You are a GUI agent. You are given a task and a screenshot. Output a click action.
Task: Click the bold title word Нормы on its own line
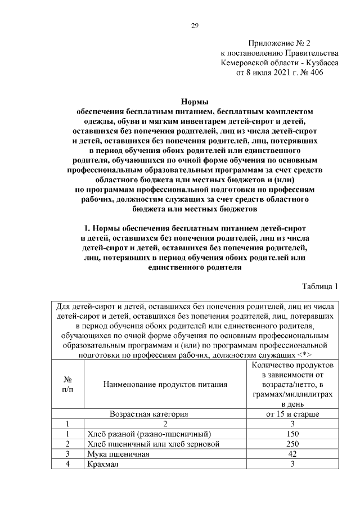click(195, 101)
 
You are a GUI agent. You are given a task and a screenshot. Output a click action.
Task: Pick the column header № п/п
click(67, 384)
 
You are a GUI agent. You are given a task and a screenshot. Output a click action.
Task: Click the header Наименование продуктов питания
click(165, 384)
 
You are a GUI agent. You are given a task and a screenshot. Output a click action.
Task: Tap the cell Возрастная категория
click(148, 413)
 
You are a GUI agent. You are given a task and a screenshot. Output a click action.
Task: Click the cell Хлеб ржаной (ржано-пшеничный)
click(149, 434)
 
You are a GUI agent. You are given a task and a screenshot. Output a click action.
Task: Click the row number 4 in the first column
click(67, 464)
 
